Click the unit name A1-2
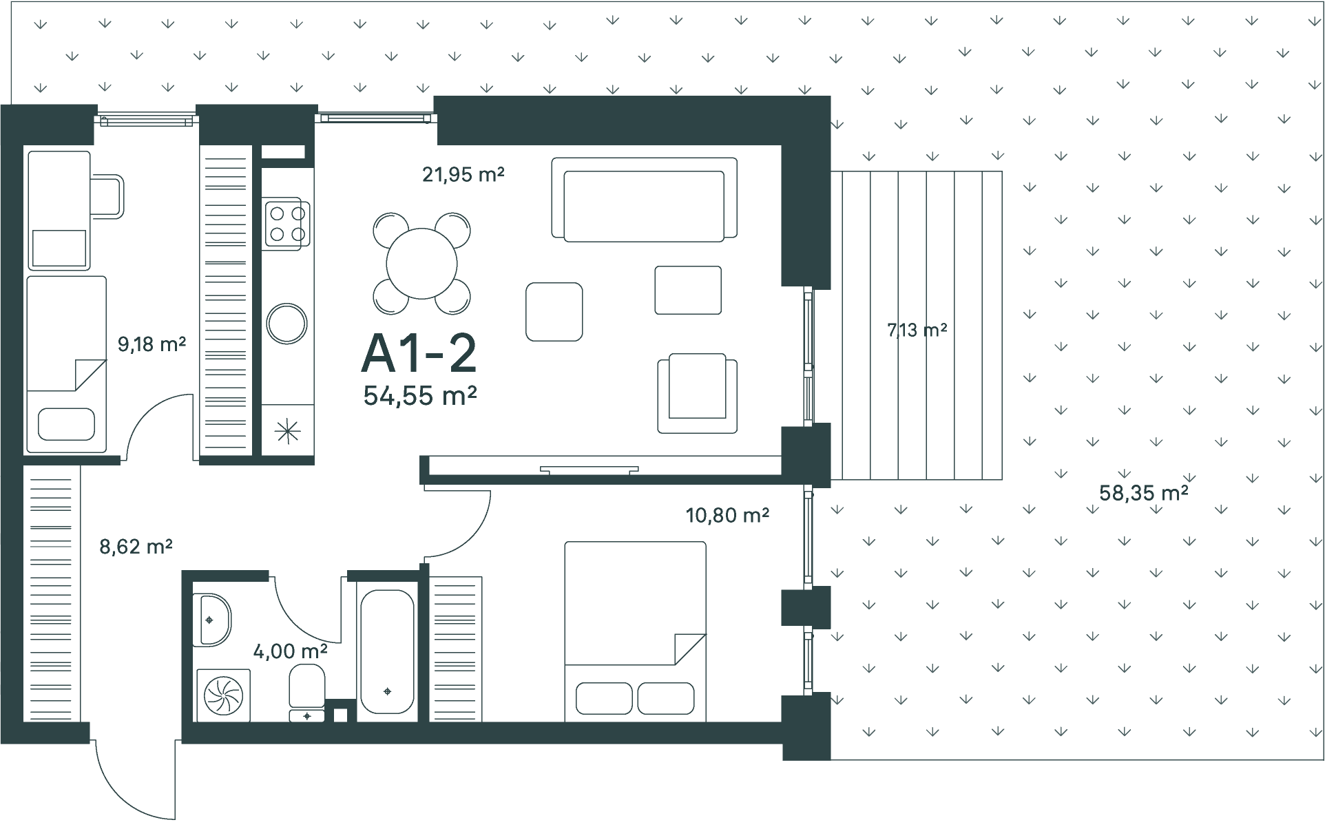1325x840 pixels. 419,355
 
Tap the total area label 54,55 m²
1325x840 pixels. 420,395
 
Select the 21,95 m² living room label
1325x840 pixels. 463,174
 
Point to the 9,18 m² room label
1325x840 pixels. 152,344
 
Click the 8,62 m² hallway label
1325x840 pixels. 136,547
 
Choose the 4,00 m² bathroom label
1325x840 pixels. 290,651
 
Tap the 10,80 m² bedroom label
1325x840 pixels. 727,514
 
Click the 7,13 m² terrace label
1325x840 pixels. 917,330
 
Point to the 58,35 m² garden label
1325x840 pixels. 1144,493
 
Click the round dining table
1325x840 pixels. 422,263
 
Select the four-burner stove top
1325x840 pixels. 286,224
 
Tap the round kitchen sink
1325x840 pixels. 286,324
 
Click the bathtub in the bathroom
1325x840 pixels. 387,651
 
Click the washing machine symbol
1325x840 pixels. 223,695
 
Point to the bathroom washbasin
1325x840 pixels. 211,620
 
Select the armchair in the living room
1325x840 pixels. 697,393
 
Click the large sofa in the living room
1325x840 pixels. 645,200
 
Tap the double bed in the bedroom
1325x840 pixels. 635,631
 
